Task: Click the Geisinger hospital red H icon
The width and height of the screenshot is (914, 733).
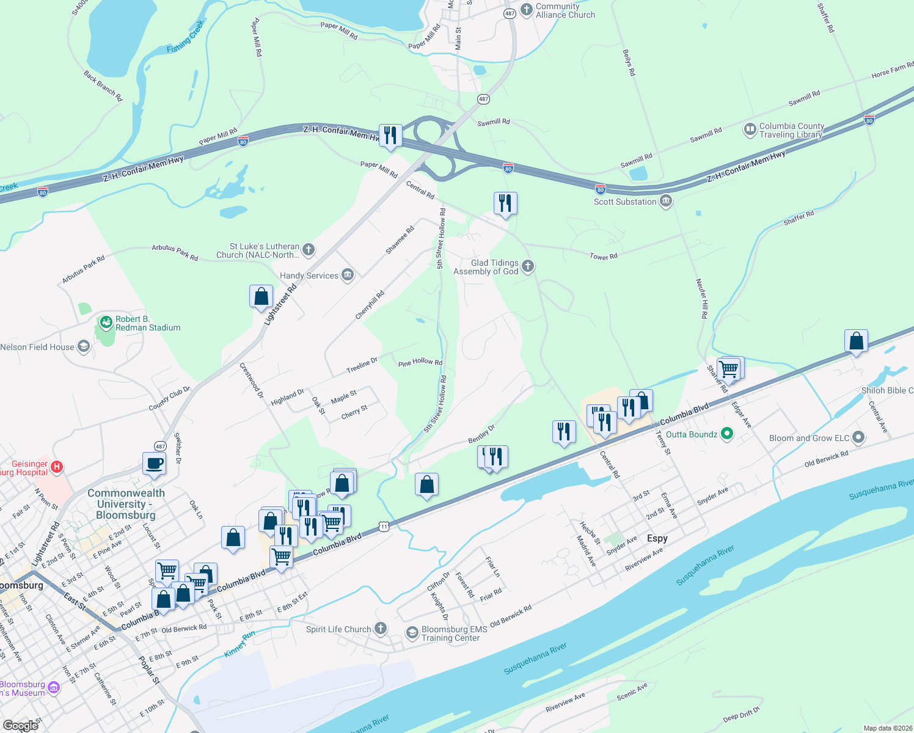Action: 57,467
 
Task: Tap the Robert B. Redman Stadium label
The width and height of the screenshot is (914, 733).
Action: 148,323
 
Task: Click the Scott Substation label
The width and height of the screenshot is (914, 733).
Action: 625,202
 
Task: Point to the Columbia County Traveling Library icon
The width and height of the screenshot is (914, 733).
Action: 750,129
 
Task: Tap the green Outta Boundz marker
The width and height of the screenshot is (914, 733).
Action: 726,434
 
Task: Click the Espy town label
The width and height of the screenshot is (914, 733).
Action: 657,538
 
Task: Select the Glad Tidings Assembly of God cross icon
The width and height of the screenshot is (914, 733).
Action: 528,266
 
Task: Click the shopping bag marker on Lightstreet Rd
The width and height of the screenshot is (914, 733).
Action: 261,296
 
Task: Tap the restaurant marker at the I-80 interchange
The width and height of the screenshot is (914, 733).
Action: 390,136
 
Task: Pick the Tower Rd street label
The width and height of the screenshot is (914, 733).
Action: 604,257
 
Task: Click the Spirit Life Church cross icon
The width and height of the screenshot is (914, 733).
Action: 380,629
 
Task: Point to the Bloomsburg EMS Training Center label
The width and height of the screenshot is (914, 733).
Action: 454,633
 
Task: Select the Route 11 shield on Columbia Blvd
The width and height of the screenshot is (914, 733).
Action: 383,526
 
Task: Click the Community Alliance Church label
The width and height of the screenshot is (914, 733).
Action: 565,10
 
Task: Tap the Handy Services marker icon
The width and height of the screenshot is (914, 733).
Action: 348,275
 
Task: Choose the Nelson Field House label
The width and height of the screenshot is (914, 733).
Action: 37,347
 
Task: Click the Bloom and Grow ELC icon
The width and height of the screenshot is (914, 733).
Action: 858,437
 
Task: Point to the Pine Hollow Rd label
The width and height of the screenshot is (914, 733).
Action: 420,362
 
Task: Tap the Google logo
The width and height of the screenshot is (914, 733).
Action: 21,725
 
